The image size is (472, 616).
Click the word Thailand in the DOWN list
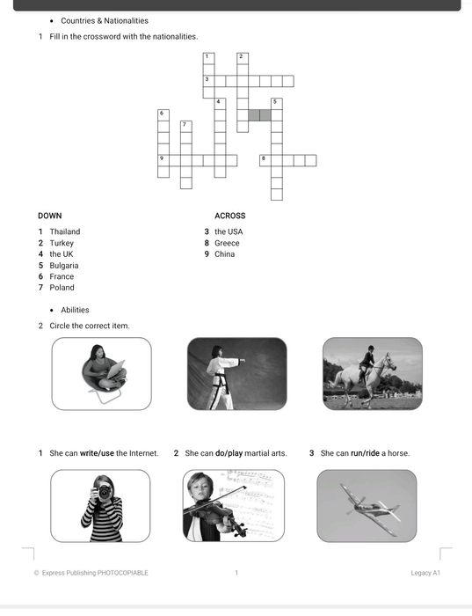(65, 231)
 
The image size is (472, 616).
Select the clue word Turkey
(62, 243)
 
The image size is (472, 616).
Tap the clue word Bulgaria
(64, 266)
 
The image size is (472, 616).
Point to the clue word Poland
(62, 288)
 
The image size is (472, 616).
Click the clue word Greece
(227, 243)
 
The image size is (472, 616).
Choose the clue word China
(224, 254)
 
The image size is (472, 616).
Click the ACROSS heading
(230, 216)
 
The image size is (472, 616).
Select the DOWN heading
(50, 216)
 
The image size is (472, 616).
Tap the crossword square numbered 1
(208, 59)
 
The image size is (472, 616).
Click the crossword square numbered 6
(163, 115)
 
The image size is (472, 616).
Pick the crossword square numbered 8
(265, 161)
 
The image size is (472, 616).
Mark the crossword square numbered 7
(186, 127)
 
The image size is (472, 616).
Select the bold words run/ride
(365, 453)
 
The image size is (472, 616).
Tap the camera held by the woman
(103, 491)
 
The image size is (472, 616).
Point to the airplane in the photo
(371, 508)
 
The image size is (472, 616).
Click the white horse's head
(390, 362)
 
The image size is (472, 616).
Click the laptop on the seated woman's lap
(116, 369)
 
